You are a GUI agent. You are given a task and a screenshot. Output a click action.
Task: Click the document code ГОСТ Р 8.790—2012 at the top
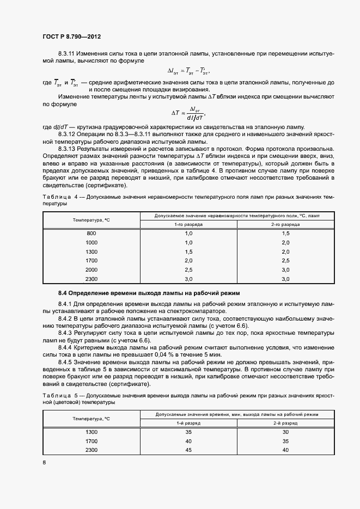click(72, 37)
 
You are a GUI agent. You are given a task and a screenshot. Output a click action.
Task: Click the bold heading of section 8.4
click(140, 292)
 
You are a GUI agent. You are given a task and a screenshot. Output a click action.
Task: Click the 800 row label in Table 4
click(91, 233)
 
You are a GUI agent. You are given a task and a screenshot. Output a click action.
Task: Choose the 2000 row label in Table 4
click(91, 269)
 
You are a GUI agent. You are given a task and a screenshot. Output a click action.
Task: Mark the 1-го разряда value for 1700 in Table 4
click(189, 261)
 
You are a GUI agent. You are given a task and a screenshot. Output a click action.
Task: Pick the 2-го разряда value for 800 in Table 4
click(285, 233)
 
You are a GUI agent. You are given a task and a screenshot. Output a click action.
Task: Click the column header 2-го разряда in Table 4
click(285, 224)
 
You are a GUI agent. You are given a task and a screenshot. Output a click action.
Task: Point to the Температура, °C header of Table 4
click(91, 219)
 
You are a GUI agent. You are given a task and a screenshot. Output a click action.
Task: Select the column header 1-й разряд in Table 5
click(189, 422)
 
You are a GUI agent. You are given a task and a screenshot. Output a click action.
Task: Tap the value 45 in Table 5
click(189, 450)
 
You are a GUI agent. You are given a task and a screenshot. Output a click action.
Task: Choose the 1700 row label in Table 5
click(91, 440)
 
